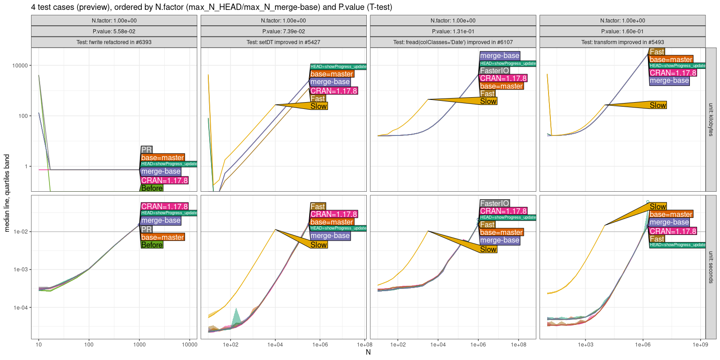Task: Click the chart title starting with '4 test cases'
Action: click(211, 7)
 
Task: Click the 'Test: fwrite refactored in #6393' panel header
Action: click(114, 42)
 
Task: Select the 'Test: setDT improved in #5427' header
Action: click(283, 42)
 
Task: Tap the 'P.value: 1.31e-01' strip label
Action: click(453, 31)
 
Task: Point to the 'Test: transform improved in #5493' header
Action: click(622, 42)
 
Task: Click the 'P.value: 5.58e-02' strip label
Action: click(114, 31)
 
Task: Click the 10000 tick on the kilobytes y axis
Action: click(20, 66)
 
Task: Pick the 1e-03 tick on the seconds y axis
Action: click(21, 270)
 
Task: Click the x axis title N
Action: click(368, 352)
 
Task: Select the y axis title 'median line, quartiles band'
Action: click(7, 193)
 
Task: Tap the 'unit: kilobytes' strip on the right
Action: click(711, 120)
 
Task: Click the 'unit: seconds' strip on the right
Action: click(711, 267)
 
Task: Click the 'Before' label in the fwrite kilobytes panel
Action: click(152, 188)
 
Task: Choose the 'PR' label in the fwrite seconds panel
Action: click(146, 229)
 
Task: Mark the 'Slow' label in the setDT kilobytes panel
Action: click(319, 106)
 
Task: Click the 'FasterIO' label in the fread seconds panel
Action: click(495, 203)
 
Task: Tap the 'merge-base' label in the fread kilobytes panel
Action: click(499, 56)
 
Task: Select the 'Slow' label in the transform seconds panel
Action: click(658, 207)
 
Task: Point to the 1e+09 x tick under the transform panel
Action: click(700, 345)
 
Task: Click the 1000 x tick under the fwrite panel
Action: click(139, 345)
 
